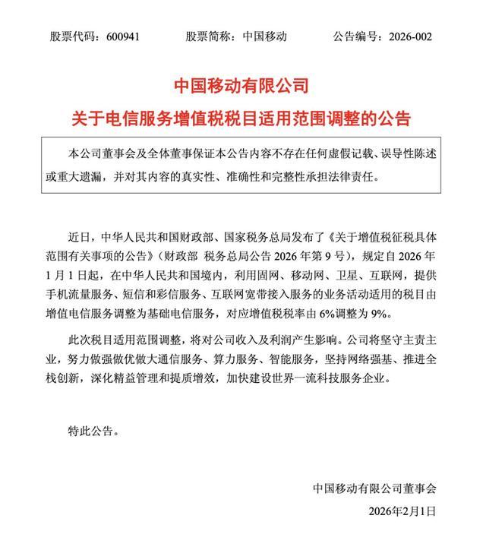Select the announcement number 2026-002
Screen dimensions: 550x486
(x=425, y=36)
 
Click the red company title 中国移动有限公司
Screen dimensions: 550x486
(x=242, y=84)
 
